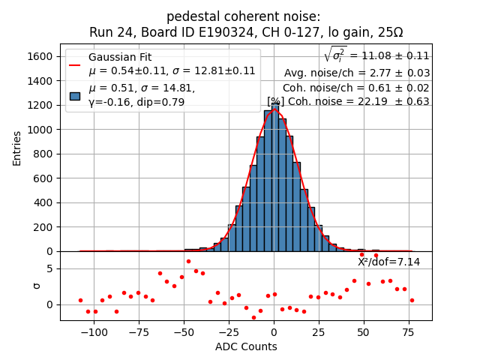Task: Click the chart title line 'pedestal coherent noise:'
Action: click(243, 16)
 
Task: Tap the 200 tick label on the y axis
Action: click(46, 227)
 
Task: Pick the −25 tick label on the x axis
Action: click(229, 332)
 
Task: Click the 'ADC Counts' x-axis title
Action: click(246, 346)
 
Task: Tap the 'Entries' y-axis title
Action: click(17, 148)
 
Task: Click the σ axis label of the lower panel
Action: click(37, 286)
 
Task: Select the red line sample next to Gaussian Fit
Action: click(75, 64)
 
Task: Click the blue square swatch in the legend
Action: click(75, 95)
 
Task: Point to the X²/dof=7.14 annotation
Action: click(388, 262)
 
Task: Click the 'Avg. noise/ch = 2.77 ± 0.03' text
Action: click(356, 73)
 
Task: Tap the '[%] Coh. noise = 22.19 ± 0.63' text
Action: click(348, 101)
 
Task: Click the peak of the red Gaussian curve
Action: click(274, 111)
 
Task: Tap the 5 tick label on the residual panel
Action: click(49, 268)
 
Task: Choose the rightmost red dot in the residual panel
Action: click(412, 300)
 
